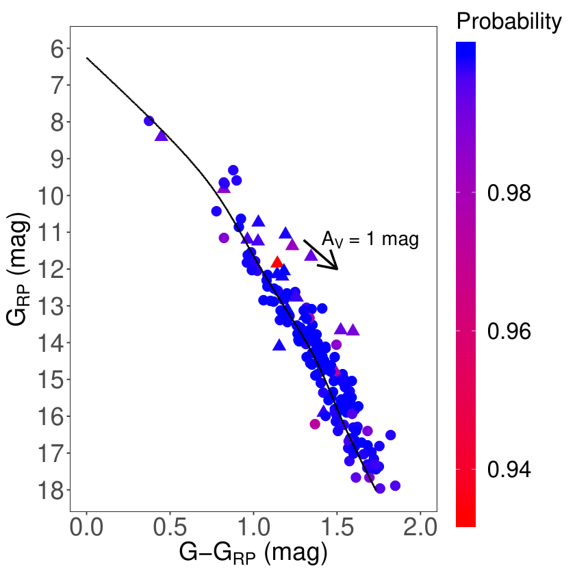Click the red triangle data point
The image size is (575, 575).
277,262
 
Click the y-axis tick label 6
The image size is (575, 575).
57,49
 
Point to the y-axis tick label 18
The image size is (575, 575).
51,490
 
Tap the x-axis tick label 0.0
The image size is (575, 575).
86,527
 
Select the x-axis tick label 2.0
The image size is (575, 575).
420,527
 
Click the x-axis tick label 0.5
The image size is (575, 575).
170,527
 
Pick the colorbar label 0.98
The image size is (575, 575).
509,192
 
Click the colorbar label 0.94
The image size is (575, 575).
509,470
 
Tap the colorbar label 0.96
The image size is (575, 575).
509,331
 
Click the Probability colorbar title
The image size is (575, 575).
509,21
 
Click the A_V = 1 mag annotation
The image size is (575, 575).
370,240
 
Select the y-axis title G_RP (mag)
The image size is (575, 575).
18,268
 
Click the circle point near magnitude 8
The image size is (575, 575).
149,120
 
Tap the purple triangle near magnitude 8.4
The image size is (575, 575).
162,136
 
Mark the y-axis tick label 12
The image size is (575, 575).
51,270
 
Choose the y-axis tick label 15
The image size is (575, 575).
51,380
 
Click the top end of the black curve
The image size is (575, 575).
87,58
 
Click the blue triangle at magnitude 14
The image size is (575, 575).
279,345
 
